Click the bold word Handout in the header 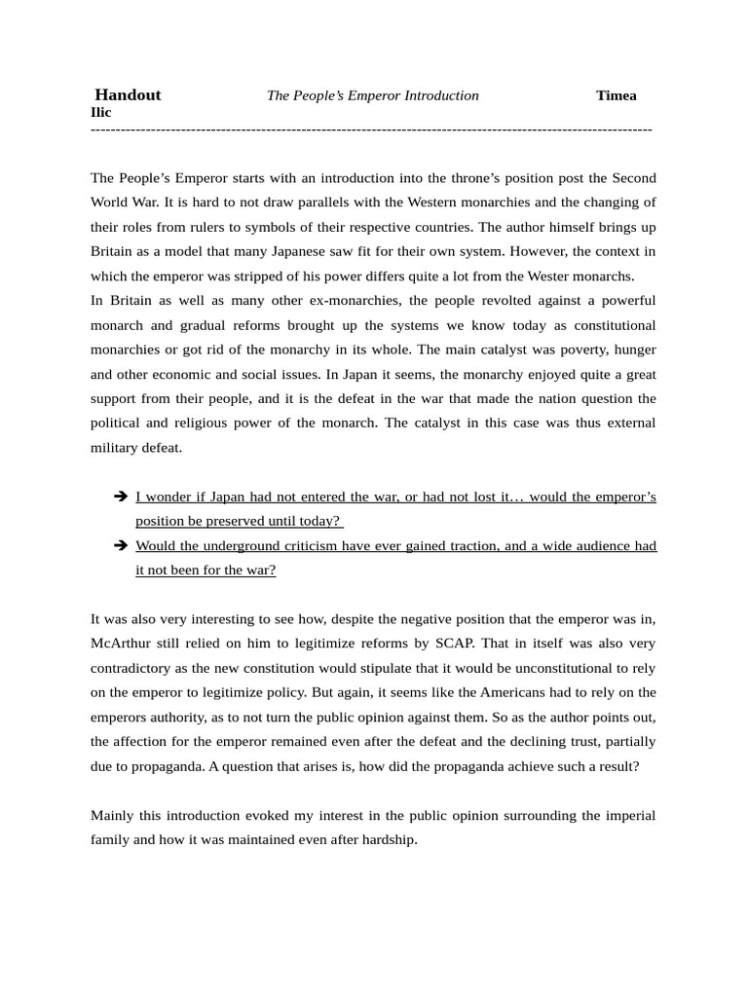128,95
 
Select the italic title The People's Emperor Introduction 373,95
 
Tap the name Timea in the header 616,95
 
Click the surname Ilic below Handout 100,112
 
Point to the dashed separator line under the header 370,129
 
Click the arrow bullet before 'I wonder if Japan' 121,497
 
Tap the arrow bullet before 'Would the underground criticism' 121,545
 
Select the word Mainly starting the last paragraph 112,815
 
